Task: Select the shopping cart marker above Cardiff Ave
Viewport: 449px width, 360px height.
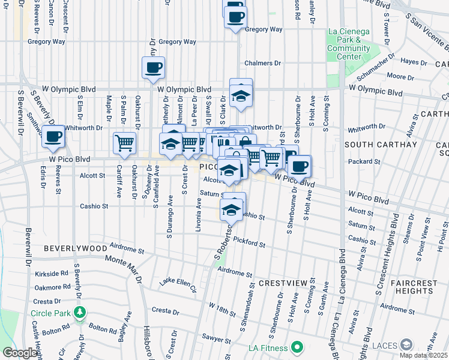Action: click(x=124, y=143)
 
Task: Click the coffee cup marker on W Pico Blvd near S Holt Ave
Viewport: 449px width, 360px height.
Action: click(x=299, y=166)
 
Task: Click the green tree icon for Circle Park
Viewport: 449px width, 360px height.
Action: click(x=79, y=313)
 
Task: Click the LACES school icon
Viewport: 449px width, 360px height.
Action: click(x=407, y=344)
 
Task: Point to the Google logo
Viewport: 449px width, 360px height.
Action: click(x=20, y=353)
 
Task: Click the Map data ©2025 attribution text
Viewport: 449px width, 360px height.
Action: click(x=423, y=355)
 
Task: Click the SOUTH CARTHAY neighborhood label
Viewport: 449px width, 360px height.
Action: click(x=372, y=145)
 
